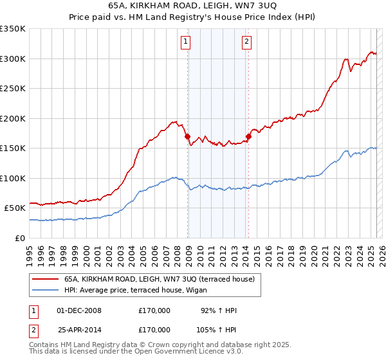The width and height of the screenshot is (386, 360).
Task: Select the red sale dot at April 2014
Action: click(x=248, y=136)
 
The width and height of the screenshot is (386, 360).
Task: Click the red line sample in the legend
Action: click(x=46, y=279)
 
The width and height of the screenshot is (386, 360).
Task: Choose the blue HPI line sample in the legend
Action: click(x=46, y=290)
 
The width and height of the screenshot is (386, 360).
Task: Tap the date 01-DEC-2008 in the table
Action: click(x=79, y=311)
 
